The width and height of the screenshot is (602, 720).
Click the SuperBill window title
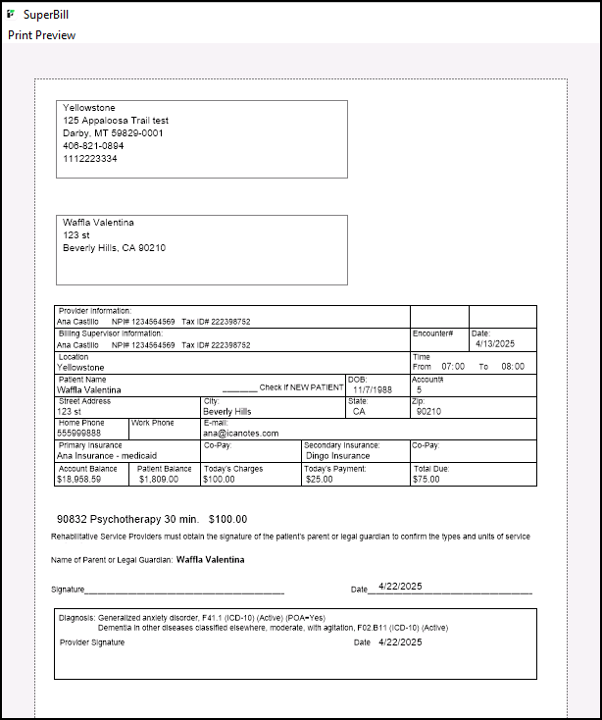click(46, 16)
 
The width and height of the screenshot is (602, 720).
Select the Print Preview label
click(42, 35)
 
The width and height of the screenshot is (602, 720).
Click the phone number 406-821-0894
click(94, 145)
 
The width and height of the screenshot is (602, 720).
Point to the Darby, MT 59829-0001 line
click(114, 132)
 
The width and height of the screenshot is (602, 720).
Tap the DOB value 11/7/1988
click(373, 389)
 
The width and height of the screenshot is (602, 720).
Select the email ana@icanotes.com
click(241, 433)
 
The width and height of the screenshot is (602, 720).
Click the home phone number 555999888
click(79, 433)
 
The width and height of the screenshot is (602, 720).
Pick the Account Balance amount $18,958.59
click(87, 480)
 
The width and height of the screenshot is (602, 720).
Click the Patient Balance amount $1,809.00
click(159, 480)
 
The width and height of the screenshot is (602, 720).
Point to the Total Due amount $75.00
click(426, 480)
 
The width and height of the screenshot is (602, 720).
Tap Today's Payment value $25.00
click(319, 480)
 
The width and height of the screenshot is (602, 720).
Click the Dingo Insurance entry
click(337, 455)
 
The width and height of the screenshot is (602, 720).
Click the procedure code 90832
click(75, 519)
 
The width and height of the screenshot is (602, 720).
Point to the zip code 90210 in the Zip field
click(429, 412)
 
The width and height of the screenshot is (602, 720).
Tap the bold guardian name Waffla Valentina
click(211, 560)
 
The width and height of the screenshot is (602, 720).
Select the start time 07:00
click(453, 367)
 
